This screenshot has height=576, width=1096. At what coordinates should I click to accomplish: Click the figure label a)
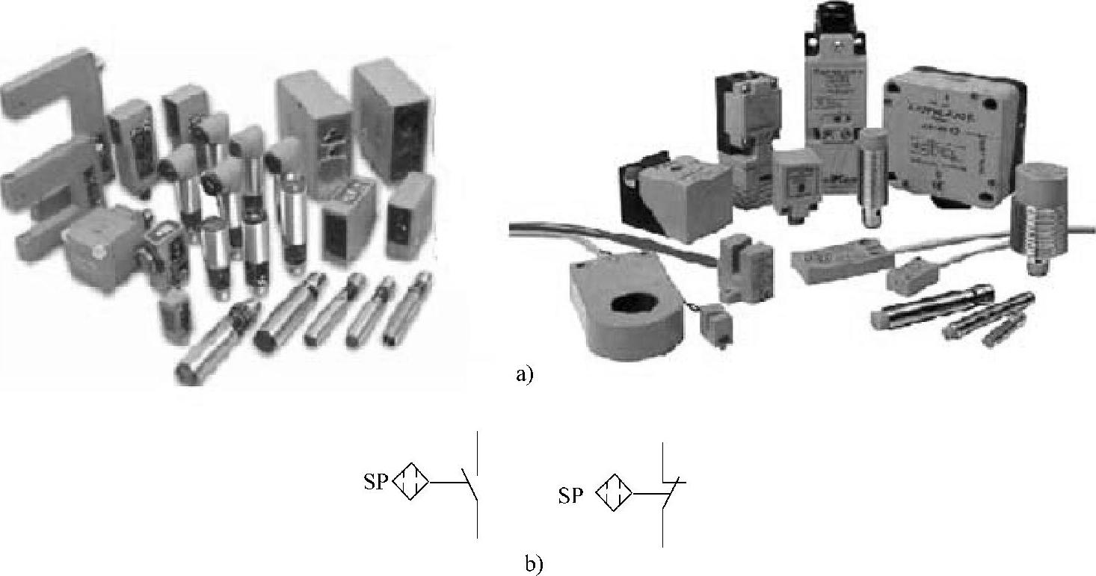524,374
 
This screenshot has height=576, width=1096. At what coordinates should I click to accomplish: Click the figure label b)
533,563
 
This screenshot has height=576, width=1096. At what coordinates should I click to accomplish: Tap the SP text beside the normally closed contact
570,495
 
